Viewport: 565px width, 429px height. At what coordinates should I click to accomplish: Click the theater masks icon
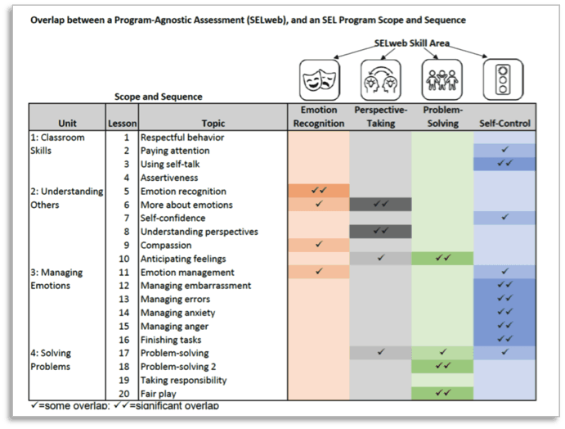pos(318,80)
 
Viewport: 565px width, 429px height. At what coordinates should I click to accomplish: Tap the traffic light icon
pos(504,80)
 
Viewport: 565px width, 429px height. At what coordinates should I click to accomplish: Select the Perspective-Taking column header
pos(380,116)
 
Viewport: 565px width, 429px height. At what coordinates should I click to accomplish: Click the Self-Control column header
pos(504,124)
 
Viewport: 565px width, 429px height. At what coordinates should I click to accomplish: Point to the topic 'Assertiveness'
pos(169,178)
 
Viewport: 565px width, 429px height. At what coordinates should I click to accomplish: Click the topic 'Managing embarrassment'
pos(195,286)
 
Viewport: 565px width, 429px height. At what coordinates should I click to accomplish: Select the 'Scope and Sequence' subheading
pos(159,97)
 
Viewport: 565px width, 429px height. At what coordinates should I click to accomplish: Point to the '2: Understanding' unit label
pos(67,191)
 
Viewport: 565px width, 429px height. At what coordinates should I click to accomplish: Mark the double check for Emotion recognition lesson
pos(318,191)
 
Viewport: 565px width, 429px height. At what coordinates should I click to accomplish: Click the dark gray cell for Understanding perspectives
pos(380,232)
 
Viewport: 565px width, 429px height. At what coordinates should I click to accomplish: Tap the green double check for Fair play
pos(442,394)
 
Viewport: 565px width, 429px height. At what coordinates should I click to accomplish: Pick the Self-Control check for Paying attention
pos(504,151)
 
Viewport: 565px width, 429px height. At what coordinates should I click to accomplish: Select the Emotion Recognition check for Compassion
pos(318,245)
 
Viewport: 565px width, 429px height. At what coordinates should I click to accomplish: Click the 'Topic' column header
pos(213,124)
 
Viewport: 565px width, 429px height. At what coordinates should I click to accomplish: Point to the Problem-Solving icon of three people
pos(442,80)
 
